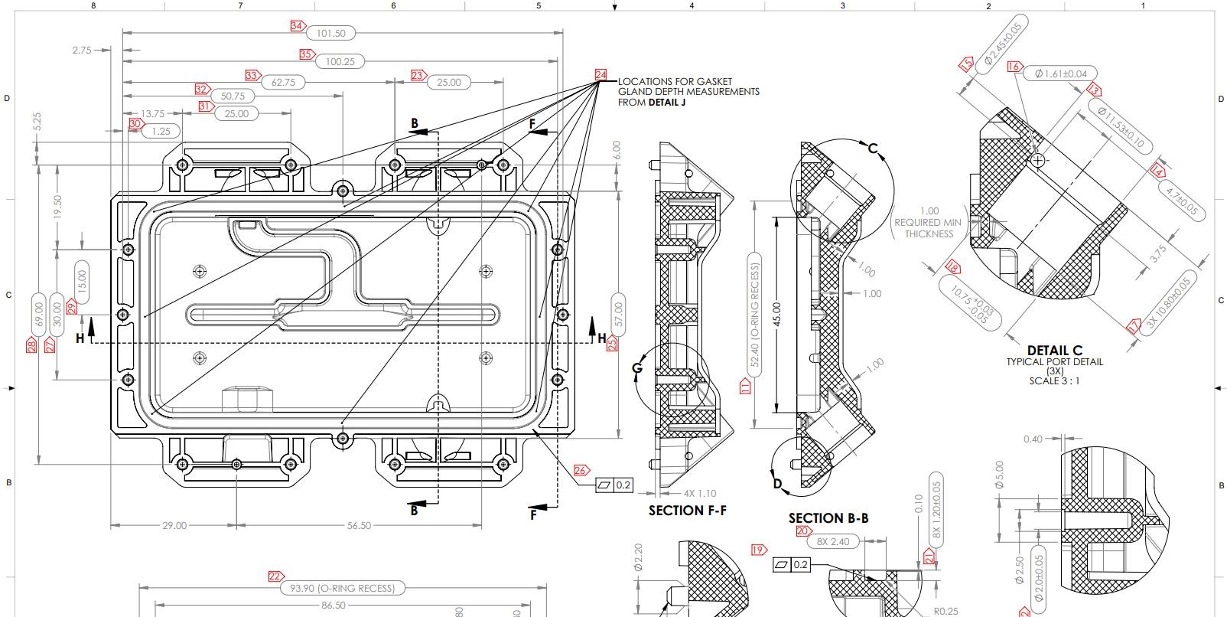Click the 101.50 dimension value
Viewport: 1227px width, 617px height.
[x=330, y=33]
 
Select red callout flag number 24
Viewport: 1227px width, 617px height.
[x=600, y=75]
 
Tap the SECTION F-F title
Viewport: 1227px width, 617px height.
[x=686, y=510]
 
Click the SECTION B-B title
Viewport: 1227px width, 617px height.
[x=828, y=518]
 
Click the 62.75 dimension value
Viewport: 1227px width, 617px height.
[x=283, y=82]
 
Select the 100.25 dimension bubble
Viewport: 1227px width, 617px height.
[x=340, y=61]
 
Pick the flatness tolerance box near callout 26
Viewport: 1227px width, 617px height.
[x=614, y=485]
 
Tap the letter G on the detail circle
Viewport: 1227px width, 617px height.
[x=637, y=369]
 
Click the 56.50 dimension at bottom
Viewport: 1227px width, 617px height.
[x=359, y=525]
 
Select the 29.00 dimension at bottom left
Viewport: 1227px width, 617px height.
[x=174, y=525]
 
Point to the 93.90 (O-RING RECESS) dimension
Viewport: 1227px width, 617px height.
[x=342, y=588]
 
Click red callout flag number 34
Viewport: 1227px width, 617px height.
[x=297, y=26]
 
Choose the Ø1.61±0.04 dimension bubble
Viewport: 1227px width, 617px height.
[x=1060, y=73]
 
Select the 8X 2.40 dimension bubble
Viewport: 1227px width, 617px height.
[x=833, y=541]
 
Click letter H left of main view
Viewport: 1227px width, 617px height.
[x=80, y=338]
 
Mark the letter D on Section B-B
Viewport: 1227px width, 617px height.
[x=777, y=483]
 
